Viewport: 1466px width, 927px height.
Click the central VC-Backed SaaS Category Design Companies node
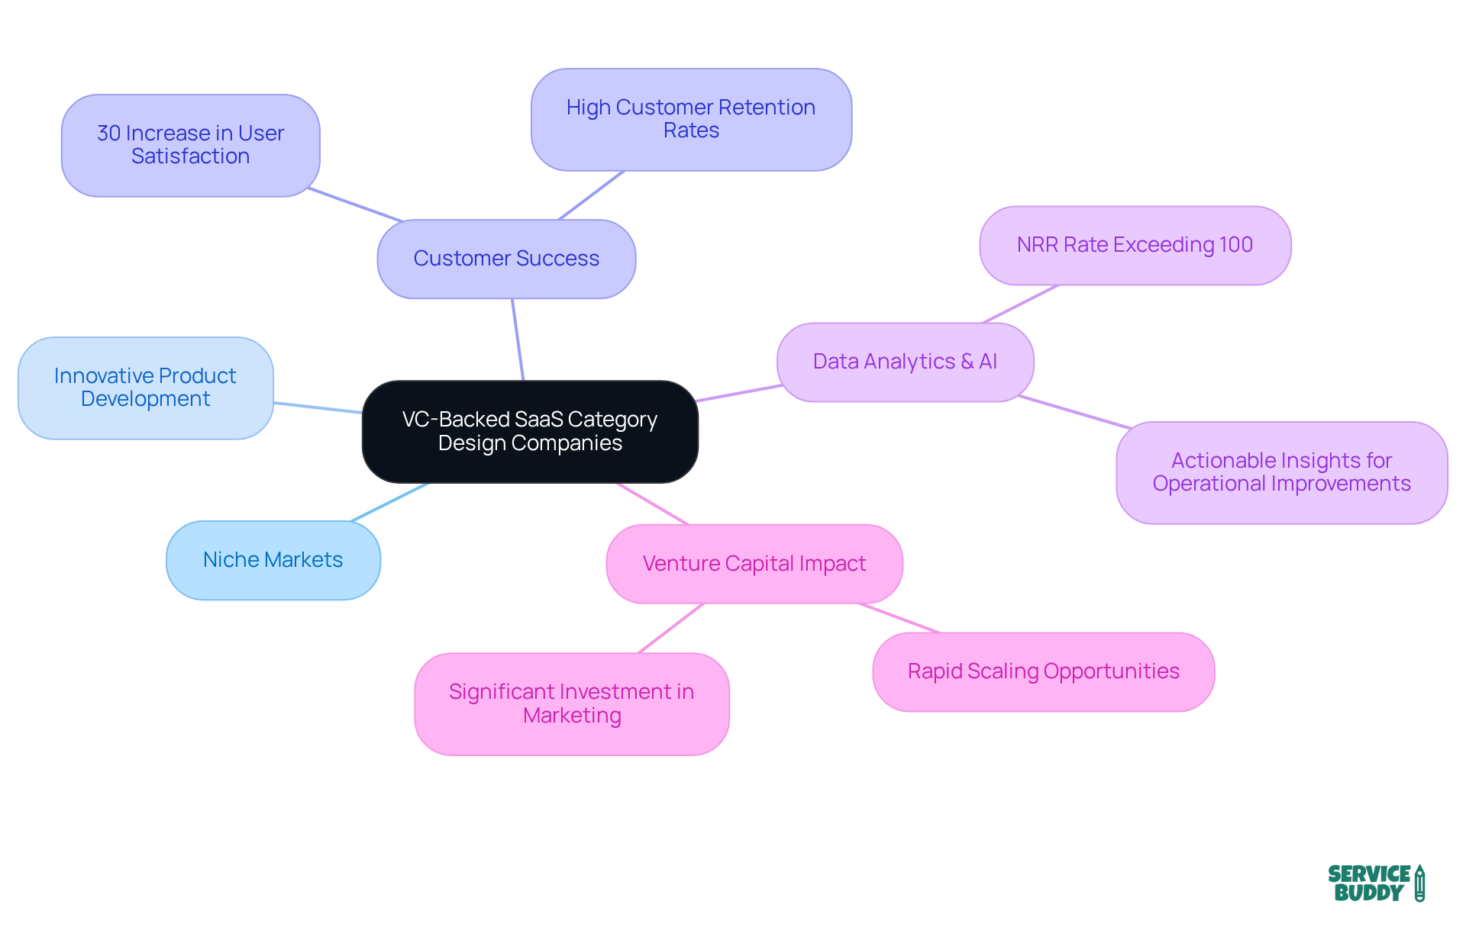530,431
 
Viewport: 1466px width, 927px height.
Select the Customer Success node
506,259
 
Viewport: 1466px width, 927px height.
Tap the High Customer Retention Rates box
691,119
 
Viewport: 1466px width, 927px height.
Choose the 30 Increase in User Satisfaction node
190,145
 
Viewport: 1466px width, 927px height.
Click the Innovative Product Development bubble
145,388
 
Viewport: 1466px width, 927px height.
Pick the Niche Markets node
273,560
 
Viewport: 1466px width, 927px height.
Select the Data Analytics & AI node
905,362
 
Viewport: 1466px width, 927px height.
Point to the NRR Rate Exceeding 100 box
1135,245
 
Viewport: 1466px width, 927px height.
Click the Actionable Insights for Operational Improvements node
1281,472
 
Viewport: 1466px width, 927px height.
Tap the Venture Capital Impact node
754,564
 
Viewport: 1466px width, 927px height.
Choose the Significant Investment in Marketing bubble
571,703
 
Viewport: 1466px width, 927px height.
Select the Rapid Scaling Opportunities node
1043,671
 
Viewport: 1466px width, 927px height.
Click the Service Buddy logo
1375,883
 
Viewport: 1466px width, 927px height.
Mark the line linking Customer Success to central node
518,340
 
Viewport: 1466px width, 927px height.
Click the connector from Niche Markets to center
389,502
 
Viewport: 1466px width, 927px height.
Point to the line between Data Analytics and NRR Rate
1020,304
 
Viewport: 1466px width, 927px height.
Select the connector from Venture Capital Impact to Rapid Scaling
899,618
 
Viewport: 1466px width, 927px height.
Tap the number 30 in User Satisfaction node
108,134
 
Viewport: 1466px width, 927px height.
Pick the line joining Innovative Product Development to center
318,407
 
